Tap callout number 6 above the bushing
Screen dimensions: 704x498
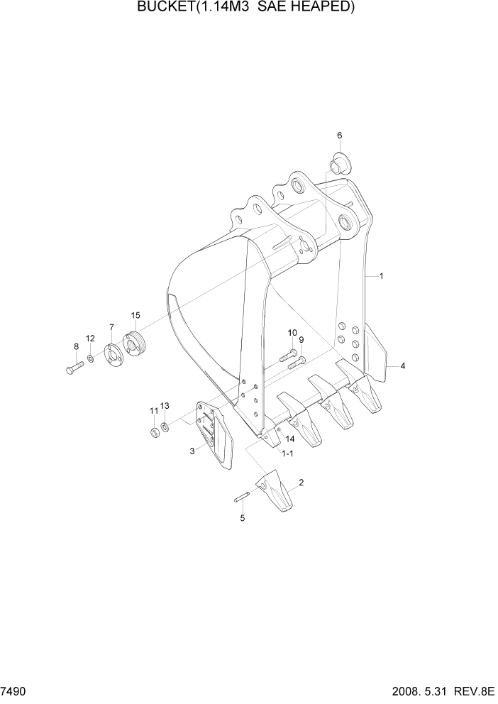pyautogui.click(x=339, y=135)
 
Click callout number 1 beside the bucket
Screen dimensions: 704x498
pyautogui.click(x=381, y=275)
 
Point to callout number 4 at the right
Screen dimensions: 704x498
pyautogui.click(x=402, y=366)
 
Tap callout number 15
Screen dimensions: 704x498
pyautogui.click(x=135, y=314)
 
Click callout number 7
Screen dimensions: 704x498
pyautogui.click(x=111, y=326)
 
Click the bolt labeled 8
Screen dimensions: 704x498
pyautogui.click(x=74, y=368)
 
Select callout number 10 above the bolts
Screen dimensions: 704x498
pyautogui.click(x=292, y=333)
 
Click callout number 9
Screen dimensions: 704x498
pyautogui.click(x=301, y=339)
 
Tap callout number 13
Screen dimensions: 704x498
pyautogui.click(x=165, y=405)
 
